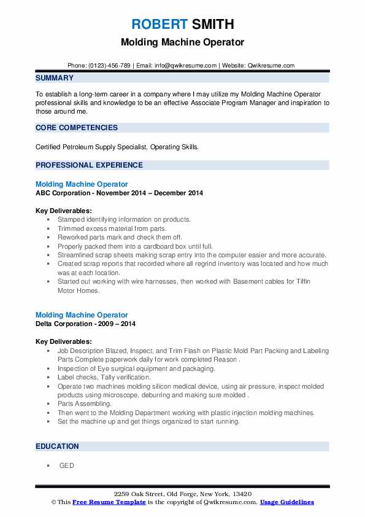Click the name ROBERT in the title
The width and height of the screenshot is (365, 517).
tap(158, 25)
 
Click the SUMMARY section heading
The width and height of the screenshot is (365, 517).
tap(55, 78)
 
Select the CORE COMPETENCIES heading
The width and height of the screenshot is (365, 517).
tap(77, 128)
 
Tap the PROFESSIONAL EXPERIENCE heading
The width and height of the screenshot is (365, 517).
tap(89, 165)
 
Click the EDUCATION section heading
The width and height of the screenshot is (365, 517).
tap(57, 446)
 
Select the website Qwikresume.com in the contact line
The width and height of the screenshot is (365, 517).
tap(270, 66)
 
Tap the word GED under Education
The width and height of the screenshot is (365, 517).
tap(66, 465)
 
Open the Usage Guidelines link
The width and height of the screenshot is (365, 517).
tap(286, 502)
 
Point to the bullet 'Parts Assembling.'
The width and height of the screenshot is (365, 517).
tap(85, 404)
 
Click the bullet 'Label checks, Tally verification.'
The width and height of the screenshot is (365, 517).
tap(104, 377)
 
